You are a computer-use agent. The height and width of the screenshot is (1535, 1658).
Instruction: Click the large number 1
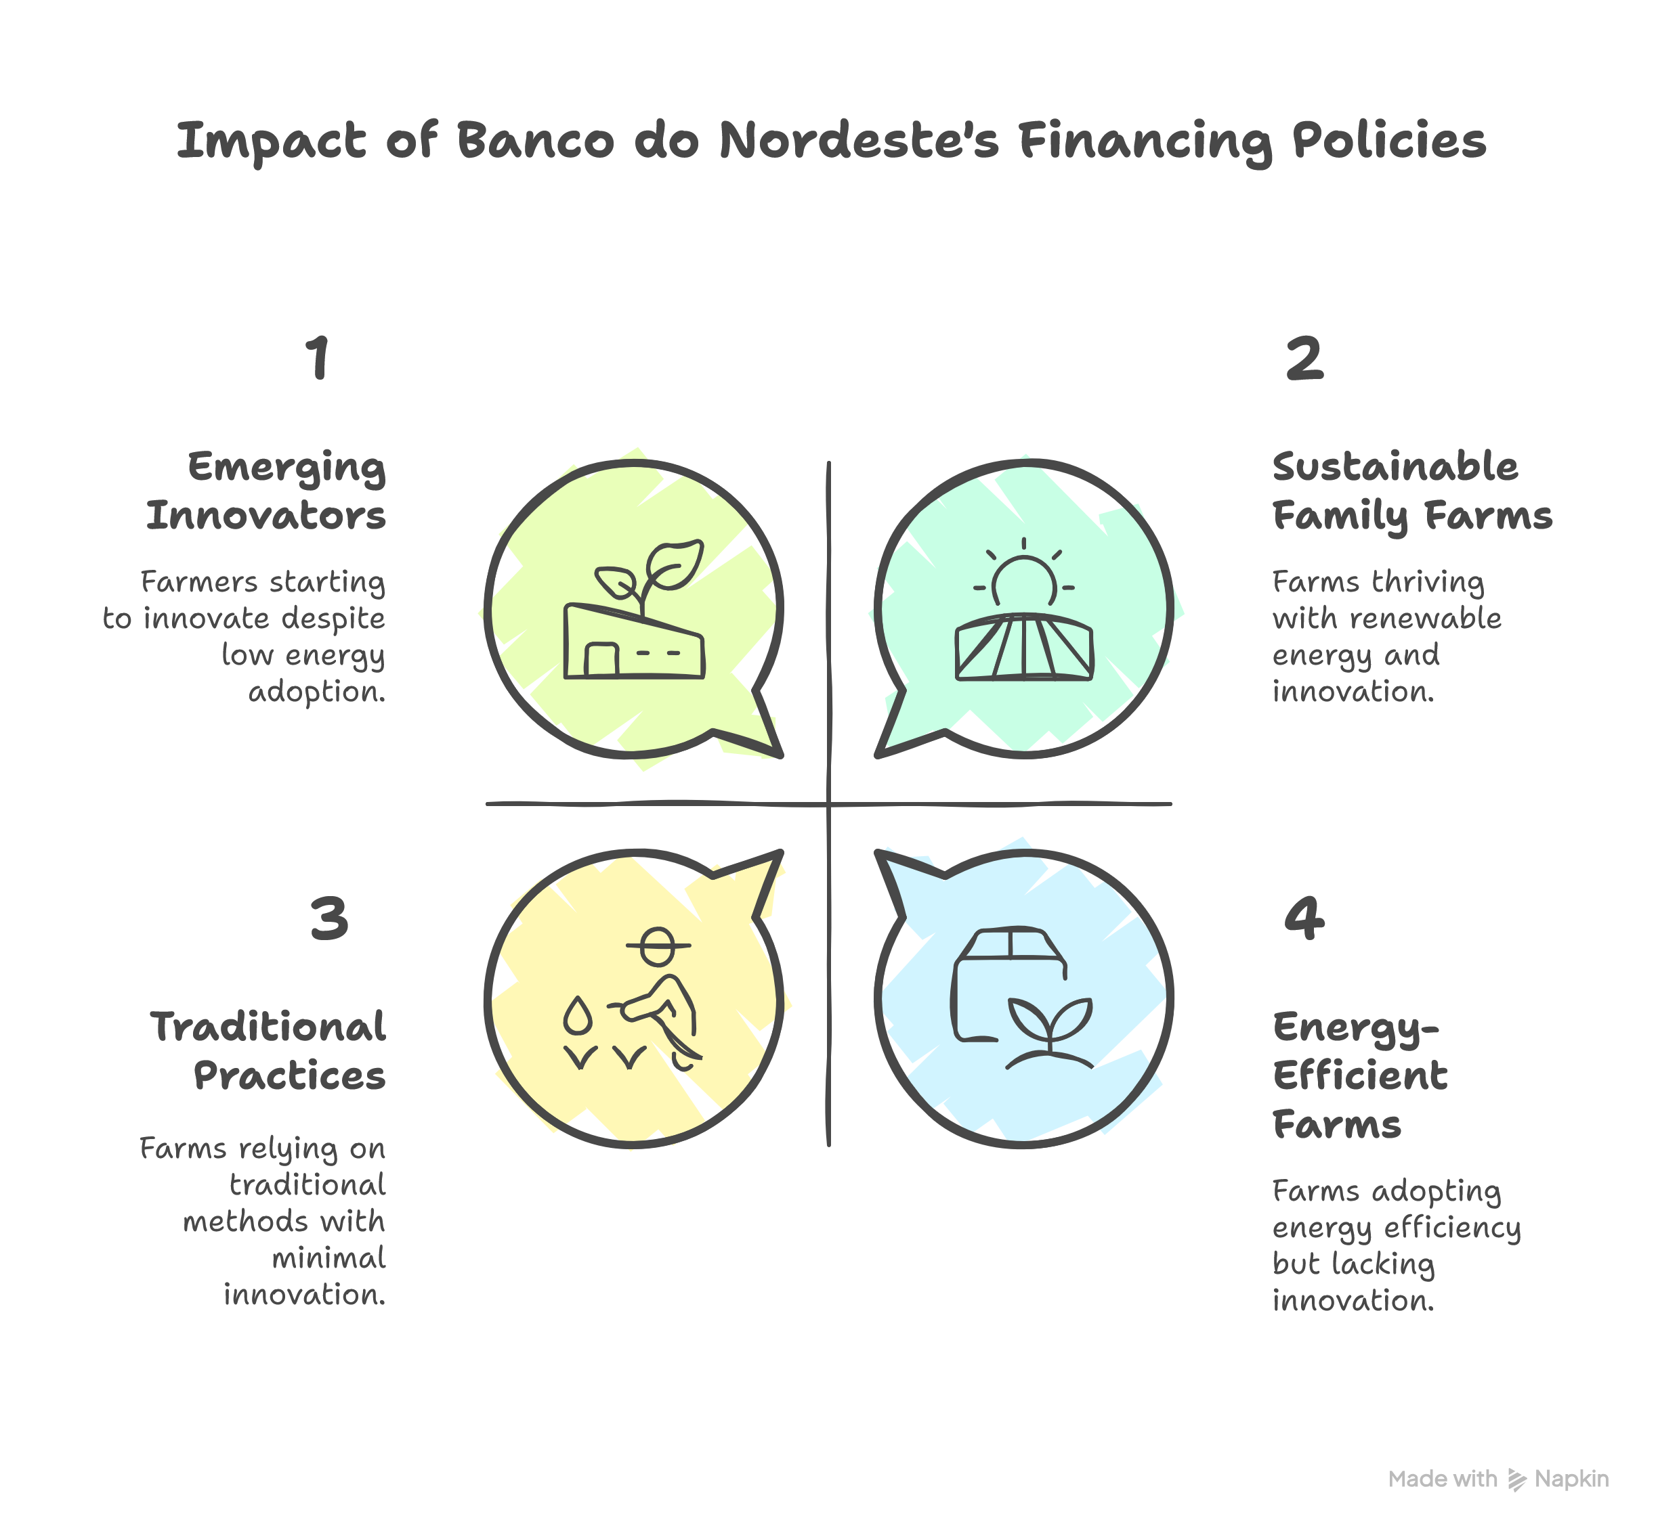(318, 359)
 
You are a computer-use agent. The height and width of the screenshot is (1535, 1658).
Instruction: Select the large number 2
(1304, 359)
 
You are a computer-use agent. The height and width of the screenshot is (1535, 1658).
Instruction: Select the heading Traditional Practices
(268, 1052)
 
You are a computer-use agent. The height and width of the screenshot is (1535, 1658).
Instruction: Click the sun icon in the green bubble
(1024, 573)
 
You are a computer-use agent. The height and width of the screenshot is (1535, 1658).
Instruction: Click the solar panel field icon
(1024, 647)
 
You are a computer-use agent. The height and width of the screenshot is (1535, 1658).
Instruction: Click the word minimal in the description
(329, 1258)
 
